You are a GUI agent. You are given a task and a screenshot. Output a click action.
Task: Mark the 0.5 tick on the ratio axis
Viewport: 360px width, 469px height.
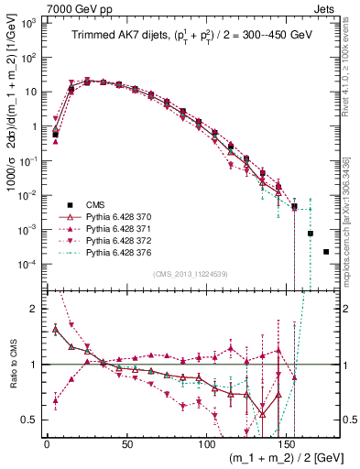click(x=32, y=420)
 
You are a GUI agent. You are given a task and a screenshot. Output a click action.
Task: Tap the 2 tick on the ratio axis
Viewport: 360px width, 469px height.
click(x=35, y=309)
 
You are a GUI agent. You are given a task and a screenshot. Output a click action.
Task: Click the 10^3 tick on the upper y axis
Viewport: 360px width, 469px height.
click(x=27, y=23)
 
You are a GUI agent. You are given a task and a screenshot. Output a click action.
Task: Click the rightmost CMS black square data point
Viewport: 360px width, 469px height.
click(x=326, y=251)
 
